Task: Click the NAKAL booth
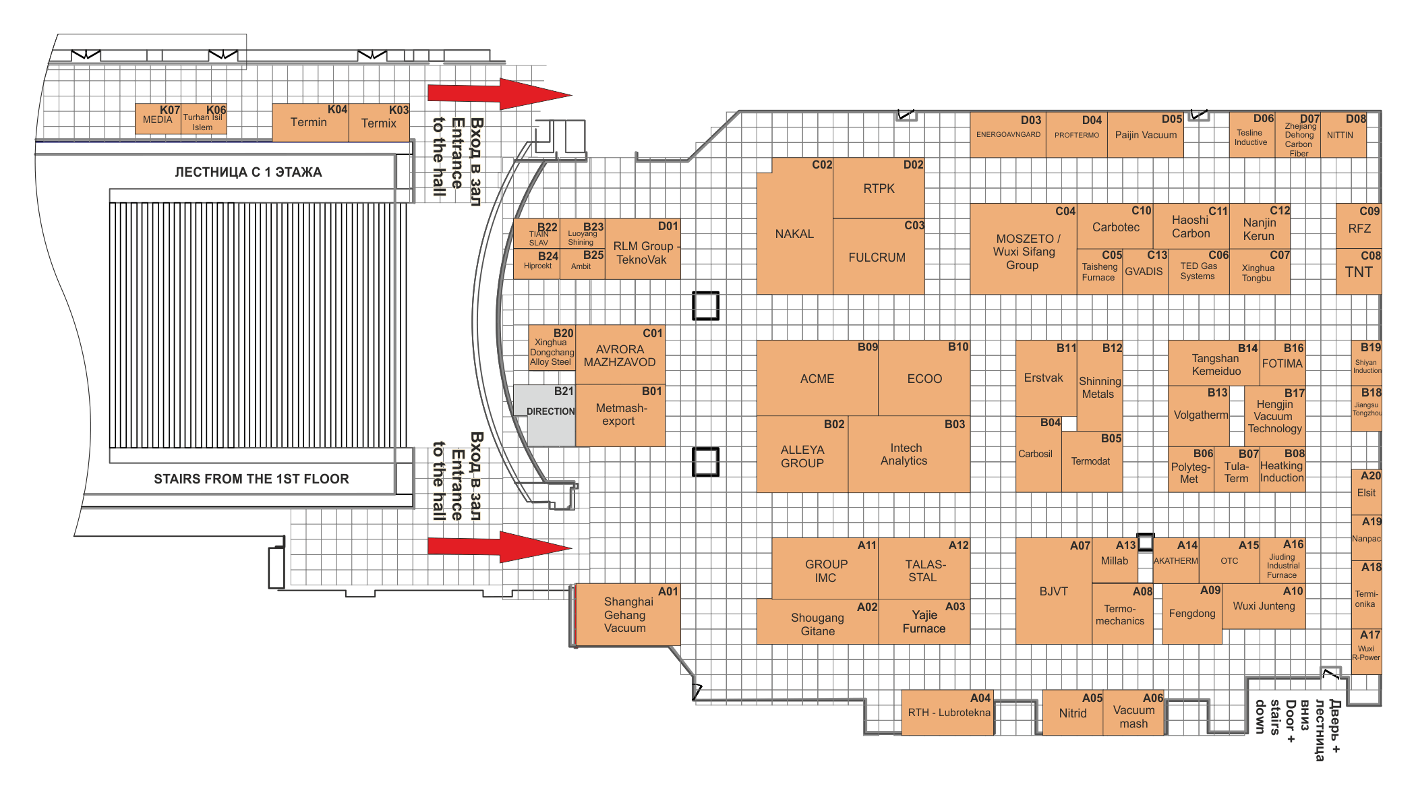point(795,233)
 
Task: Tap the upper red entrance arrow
point(500,94)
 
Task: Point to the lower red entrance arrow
point(500,547)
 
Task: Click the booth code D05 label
point(1172,119)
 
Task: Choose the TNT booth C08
point(1359,272)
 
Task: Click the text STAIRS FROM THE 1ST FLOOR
point(252,479)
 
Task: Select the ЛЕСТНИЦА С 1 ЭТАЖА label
point(248,172)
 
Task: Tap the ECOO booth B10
point(924,378)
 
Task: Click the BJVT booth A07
point(1054,591)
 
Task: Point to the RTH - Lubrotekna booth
point(948,712)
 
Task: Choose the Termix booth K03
point(379,123)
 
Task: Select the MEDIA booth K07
point(158,119)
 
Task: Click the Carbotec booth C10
point(1115,227)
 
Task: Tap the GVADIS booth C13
point(1145,272)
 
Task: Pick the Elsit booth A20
point(1367,492)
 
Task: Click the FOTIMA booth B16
point(1282,363)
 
